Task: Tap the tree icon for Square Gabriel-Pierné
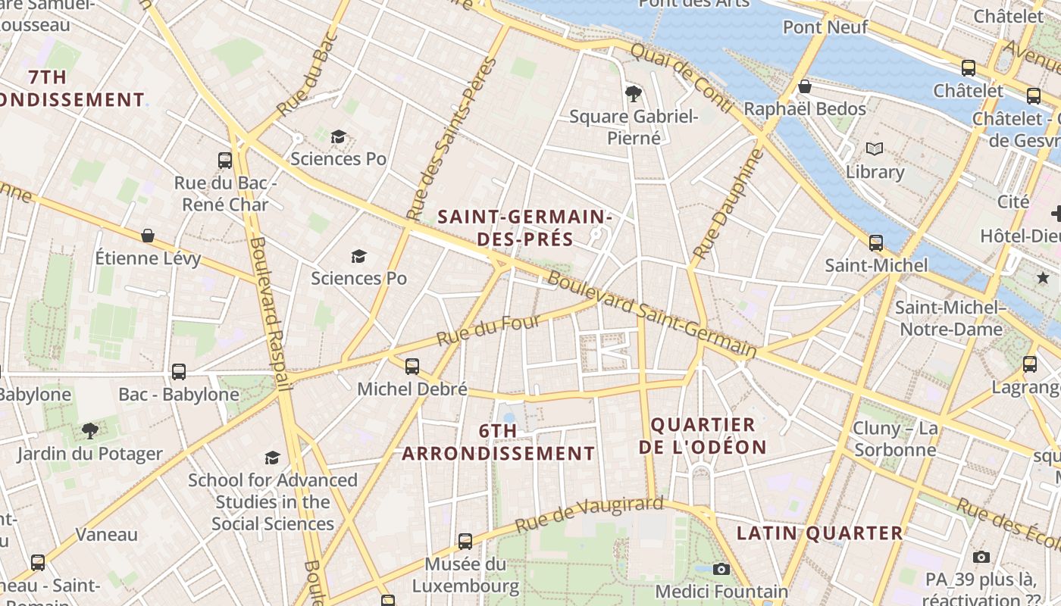click(634, 93)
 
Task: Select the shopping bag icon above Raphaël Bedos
click(805, 86)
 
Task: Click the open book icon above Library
click(875, 149)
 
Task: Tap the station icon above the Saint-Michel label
click(876, 243)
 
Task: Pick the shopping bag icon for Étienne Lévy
click(148, 236)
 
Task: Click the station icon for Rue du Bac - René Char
click(225, 160)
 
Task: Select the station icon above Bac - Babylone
click(179, 372)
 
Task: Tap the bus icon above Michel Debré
click(412, 367)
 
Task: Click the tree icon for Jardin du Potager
click(90, 431)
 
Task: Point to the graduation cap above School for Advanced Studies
click(272, 458)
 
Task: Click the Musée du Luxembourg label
click(465, 575)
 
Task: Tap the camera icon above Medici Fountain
click(721, 569)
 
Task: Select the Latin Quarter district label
click(820, 533)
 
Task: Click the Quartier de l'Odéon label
click(703, 436)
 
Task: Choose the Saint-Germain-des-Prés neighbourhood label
click(525, 228)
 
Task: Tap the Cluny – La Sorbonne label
click(895, 439)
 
